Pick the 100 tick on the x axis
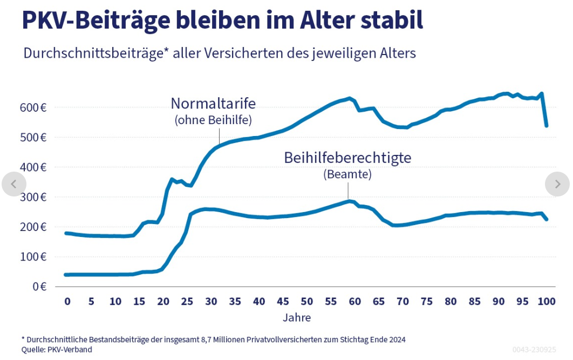coord(546,301)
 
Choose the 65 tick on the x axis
coord(379,301)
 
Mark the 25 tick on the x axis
coord(187,301)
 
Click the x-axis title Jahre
coord(297,317)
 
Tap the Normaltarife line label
coord(213,103)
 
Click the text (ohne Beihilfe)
coord(213,120)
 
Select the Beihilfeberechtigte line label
coord(347,158)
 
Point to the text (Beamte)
coord(347,174)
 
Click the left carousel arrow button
coord(14,184)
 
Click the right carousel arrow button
coord(557,184)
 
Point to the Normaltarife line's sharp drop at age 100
coord(544,111)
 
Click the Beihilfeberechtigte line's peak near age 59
coord(350,201)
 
